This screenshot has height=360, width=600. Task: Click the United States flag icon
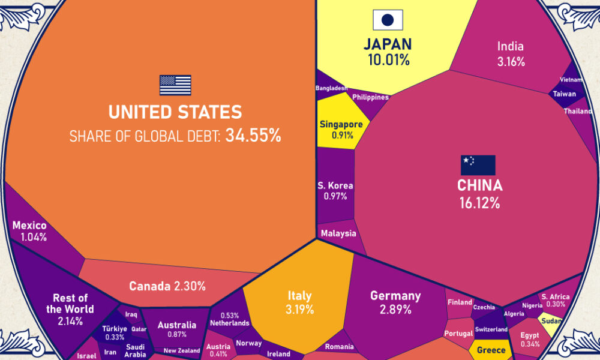[175, 85]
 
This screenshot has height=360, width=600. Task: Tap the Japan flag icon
[388, 20]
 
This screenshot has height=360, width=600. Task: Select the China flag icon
[478, 165]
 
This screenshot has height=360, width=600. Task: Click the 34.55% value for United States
[253, 136]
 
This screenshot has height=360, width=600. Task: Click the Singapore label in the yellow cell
[341, 125]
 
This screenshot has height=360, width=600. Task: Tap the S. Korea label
[335, 186]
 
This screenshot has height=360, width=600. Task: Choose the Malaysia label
[338, 233]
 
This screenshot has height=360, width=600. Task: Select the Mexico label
[29, 226]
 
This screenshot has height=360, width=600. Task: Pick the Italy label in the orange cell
[299, 296]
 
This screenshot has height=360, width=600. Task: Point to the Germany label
[395, 296]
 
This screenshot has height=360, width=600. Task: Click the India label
[511, 46]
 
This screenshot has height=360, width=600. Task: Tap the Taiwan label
[564, 94]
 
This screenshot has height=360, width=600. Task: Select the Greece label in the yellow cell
[491, 350]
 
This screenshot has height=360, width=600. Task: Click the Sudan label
[550, 322]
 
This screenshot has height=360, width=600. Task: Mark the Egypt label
[530, 335]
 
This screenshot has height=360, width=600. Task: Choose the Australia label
[177, 326]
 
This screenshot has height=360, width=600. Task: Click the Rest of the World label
[70, 304]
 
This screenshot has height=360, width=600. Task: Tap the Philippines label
[370, 97]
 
